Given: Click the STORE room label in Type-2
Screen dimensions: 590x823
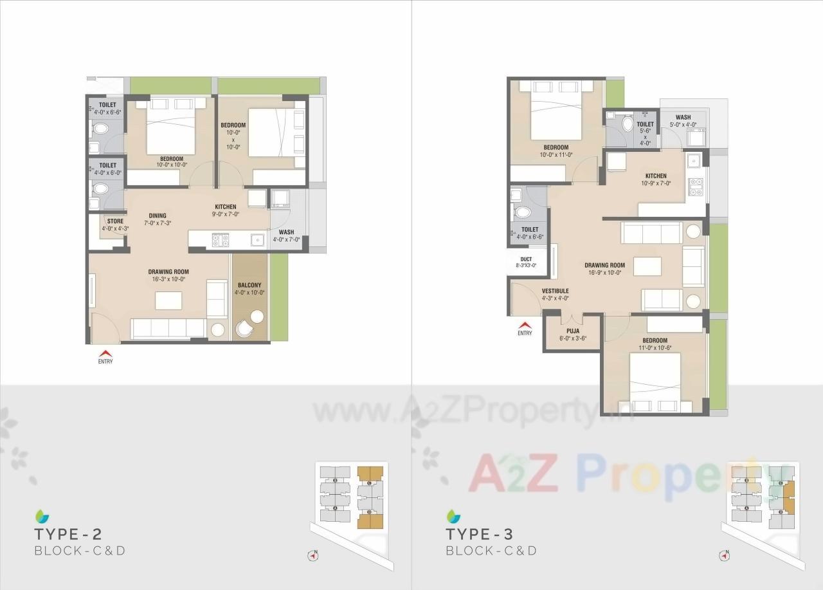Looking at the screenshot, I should click(115, 221).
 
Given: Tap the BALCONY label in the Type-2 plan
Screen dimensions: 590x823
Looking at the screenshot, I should click(249, 284).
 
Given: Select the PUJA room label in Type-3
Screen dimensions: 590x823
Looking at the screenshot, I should click(573, 331).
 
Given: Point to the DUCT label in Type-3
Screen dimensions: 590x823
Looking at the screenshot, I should click(526, 259).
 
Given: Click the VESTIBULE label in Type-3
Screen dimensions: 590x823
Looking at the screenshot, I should click(555, 291).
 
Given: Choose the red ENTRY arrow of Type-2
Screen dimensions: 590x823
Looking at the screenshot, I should click(105, 353).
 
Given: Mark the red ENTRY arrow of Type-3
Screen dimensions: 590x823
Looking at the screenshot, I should click(525, 325).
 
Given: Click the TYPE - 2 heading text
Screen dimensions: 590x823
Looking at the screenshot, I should click(68, 534).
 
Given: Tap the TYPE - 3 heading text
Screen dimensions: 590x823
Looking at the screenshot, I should click(480, 534).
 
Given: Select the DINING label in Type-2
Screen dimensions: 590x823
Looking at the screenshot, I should click(158, 216).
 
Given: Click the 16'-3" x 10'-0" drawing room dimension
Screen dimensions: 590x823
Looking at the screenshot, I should click(168, 279).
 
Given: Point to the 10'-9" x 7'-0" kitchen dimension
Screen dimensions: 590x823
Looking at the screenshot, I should click(656, 183).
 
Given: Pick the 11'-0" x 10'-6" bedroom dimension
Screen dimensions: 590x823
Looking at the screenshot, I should click(655, 348).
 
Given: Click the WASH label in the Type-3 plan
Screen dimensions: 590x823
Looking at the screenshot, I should click(683, 118).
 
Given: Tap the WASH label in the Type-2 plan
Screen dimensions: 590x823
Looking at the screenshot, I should click(287, 232).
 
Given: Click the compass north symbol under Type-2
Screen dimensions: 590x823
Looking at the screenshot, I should click(314, 554).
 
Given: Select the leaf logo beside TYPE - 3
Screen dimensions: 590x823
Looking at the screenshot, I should click(454, 515).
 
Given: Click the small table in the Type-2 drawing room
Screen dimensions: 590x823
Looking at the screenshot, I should click(168, 300).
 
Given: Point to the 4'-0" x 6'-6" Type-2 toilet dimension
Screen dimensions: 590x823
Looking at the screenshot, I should click(107, 112).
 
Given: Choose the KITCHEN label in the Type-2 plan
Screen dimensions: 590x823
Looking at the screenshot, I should click(225, 207).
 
